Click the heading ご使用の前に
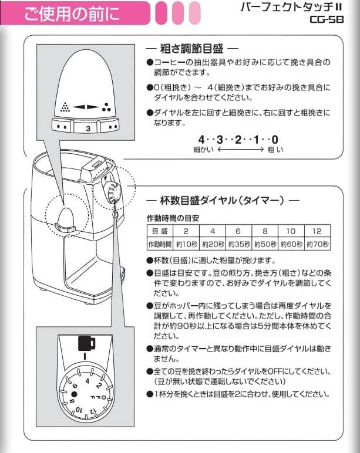[x=71, y=14]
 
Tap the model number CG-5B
[x=332, y=19]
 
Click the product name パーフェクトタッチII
[x=301, y=7]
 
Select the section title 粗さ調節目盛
[x=191, y=48]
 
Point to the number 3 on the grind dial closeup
[x=88, y=127]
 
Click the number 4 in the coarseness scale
[x=202, y=140]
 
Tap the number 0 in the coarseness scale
[x=275, y=140]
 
